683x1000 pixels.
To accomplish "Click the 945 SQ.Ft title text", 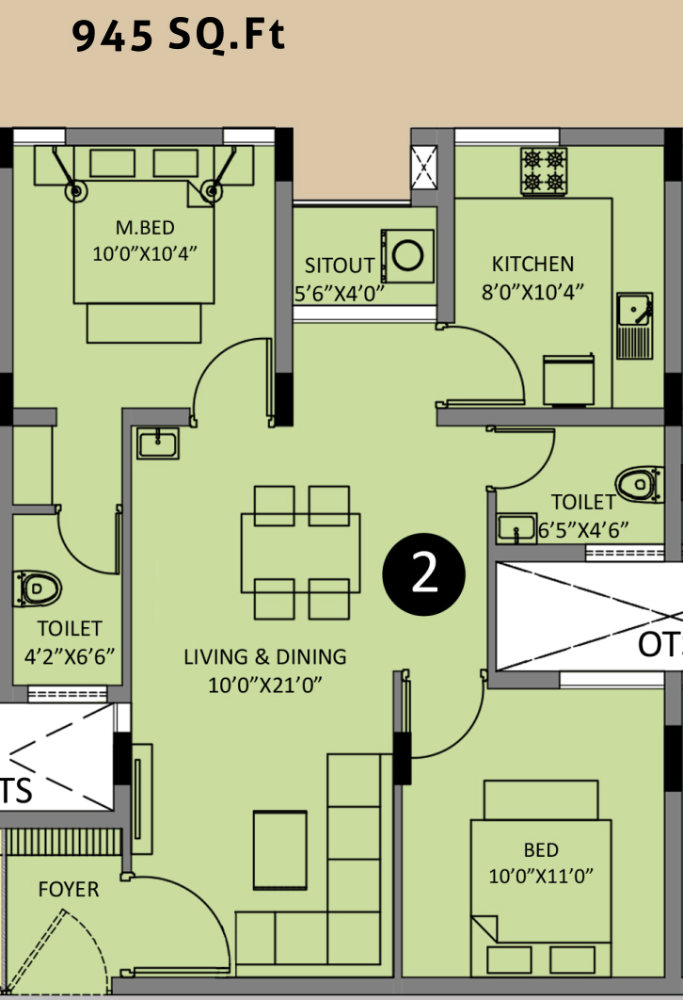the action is (178, 35).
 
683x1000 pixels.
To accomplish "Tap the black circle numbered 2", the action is (423, 574).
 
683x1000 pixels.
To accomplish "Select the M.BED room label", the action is (145, 228).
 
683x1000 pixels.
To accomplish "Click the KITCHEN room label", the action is (532, 264).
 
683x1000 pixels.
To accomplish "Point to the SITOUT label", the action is (339, 266).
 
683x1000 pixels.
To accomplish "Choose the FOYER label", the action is (69, 889).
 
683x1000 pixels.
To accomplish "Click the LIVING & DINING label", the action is (265, 656).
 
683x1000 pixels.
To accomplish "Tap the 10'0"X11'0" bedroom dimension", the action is (540, 876).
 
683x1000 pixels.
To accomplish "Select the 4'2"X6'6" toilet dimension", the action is (69, 655).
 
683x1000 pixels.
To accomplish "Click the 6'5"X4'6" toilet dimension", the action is (583, 529).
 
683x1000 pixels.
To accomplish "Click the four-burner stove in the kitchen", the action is (544, 171).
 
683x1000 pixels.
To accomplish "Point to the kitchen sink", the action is (635, 325).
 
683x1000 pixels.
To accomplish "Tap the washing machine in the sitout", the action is (407, 256).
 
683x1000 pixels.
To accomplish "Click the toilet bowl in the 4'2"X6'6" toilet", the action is (39, 588).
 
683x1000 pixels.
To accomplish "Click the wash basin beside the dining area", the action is (158, 443).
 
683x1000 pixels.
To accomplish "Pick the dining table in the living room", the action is (301, 553).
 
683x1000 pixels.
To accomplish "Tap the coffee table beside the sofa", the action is (279, 849).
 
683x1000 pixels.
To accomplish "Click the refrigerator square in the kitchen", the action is (569, 380).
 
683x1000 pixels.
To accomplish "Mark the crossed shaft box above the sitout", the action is (423, 168).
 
